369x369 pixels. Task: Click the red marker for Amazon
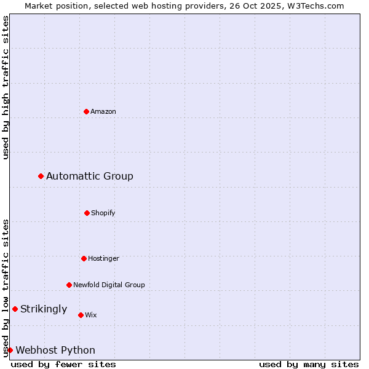86,111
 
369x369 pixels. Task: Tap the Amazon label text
103,112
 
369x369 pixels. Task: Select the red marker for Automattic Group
41,176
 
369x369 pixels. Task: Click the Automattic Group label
90,177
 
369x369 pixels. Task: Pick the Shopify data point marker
87,213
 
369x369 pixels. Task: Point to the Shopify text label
103,213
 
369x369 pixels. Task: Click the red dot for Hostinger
84,258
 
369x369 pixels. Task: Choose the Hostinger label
103,259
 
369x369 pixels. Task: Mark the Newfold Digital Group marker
69,285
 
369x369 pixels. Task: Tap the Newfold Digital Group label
109,285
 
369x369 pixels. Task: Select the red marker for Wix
81,315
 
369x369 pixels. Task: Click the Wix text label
91,315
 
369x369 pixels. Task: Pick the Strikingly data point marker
15,309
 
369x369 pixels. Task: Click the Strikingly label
44,309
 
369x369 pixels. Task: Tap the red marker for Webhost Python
10,350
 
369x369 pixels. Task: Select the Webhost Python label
55,351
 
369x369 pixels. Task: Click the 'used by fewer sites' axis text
63,364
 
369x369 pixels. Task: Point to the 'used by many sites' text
309,364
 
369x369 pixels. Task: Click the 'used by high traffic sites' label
6,87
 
